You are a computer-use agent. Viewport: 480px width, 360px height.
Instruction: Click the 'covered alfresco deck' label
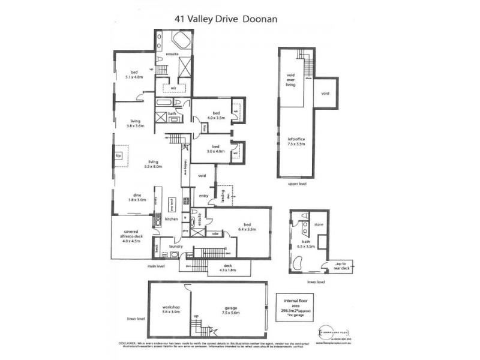click(131, 234)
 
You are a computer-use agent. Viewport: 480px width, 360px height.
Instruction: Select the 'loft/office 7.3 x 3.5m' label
click(296, 142)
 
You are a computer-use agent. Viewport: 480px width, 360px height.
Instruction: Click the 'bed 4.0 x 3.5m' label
click(215, 115)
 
